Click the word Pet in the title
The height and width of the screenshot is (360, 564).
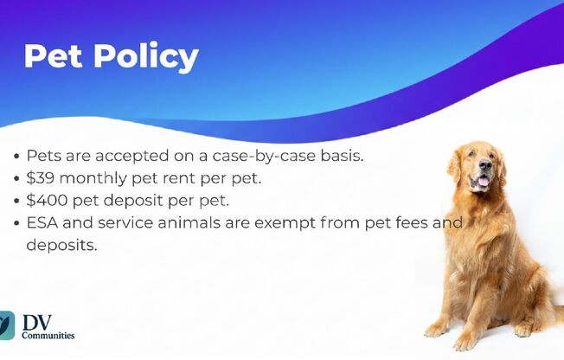click(x=54, y=55)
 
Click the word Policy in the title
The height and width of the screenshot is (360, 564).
click(x=146, y=58)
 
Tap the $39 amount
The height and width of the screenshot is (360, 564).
click(x=41, y=178)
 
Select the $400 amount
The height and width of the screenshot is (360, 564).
click(x=47, y=200)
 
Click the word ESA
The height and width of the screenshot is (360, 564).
click(x=42, y=223)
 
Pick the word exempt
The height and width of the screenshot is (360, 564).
click(x=285, y=223)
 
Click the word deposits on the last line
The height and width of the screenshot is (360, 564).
click(x=62, y=246)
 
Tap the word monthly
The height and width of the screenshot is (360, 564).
click(x=93, y=178)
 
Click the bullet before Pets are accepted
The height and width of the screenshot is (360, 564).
click(x=16, y=157)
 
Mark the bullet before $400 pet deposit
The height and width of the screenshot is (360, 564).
click(x=16, y=201)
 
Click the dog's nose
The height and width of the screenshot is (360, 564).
click(x=485, y=165)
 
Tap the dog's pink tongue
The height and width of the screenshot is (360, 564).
click(x=483, y=181)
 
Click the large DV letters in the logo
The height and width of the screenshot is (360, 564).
click(x=36, y=322)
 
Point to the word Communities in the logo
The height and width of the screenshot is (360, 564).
click(x=48, y=336)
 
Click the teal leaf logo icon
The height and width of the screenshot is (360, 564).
click(x=6, y=325)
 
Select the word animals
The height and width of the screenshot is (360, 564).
click(x=189, y=223)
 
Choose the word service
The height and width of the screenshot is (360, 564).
click(x=125, y=223)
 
